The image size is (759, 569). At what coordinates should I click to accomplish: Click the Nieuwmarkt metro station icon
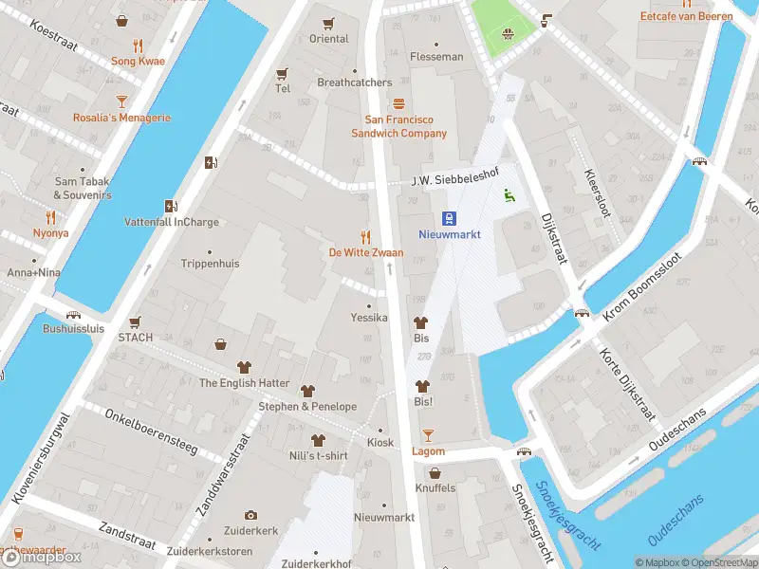(451, 216)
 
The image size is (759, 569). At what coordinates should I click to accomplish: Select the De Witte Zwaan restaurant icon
(365, 236)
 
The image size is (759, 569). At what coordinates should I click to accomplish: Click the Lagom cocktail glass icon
(428, 434)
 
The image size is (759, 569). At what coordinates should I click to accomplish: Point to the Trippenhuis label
(210, 264)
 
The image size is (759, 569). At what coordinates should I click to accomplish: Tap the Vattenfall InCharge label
(172, 223)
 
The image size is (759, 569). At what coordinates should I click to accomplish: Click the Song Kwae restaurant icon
(138, 45)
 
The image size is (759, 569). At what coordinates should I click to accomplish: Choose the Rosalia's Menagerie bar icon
(121, 101)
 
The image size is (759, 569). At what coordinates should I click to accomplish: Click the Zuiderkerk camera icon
(250, 515)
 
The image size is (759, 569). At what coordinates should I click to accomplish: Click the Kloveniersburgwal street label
(39, 458)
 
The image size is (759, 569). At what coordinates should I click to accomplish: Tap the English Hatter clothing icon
(244, 367)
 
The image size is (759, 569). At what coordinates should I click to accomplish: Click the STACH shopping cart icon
(135, 321)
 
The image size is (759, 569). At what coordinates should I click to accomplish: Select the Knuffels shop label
(435, 488)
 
